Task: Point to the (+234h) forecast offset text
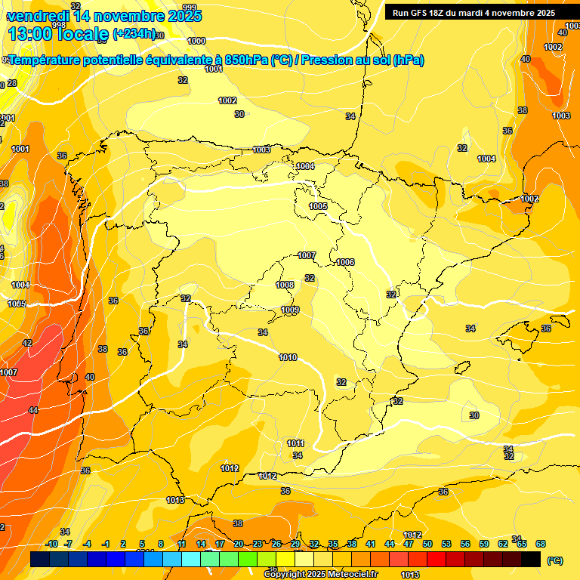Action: point(134,33)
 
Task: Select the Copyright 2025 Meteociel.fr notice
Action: point(320,574)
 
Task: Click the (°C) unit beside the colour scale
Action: point(554,560)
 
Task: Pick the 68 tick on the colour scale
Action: point(541,544)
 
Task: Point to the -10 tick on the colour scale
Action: point(51,544)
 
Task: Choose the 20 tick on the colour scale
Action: point(239,544)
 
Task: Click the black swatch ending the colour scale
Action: point(531,559)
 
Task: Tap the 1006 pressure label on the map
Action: point(345,262)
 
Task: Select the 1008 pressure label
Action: point(285,285)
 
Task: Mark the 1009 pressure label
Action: point(290,310)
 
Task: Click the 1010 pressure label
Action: point(287,357)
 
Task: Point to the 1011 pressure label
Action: point(295,443)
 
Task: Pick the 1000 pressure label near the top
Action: point(196,41)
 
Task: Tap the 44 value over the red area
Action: point(33,409)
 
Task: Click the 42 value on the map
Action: point(27,343)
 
